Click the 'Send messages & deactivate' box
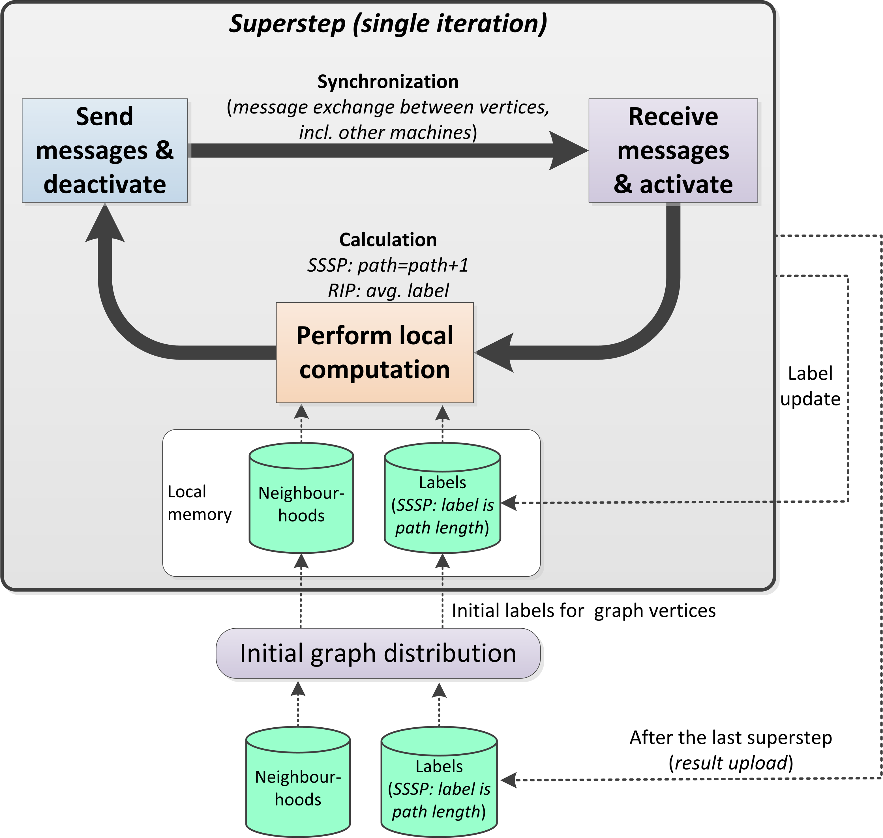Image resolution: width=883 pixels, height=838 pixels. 104,151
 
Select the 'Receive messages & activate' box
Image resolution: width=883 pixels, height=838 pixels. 673,151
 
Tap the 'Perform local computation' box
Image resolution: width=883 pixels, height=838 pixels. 374,353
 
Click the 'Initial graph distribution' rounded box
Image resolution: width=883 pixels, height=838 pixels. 378,654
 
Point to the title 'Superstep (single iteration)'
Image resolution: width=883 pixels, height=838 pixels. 388,24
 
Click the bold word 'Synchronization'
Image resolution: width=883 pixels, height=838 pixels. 388,82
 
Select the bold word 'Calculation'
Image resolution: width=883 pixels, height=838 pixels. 388,240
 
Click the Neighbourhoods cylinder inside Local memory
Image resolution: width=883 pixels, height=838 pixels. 301,498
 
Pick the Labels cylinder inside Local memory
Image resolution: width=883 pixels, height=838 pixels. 442,498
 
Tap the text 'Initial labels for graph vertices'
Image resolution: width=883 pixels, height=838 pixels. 584,611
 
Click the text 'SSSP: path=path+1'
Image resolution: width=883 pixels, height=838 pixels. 388,265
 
